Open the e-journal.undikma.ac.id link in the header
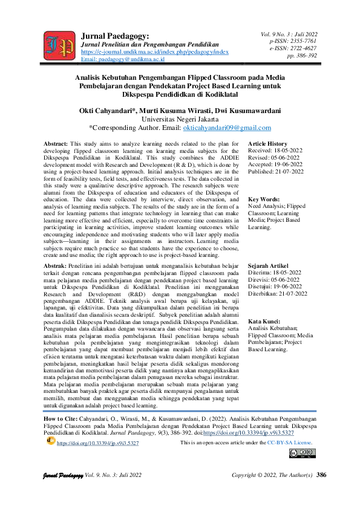[154, 53]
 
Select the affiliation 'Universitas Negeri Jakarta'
[180, 120]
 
